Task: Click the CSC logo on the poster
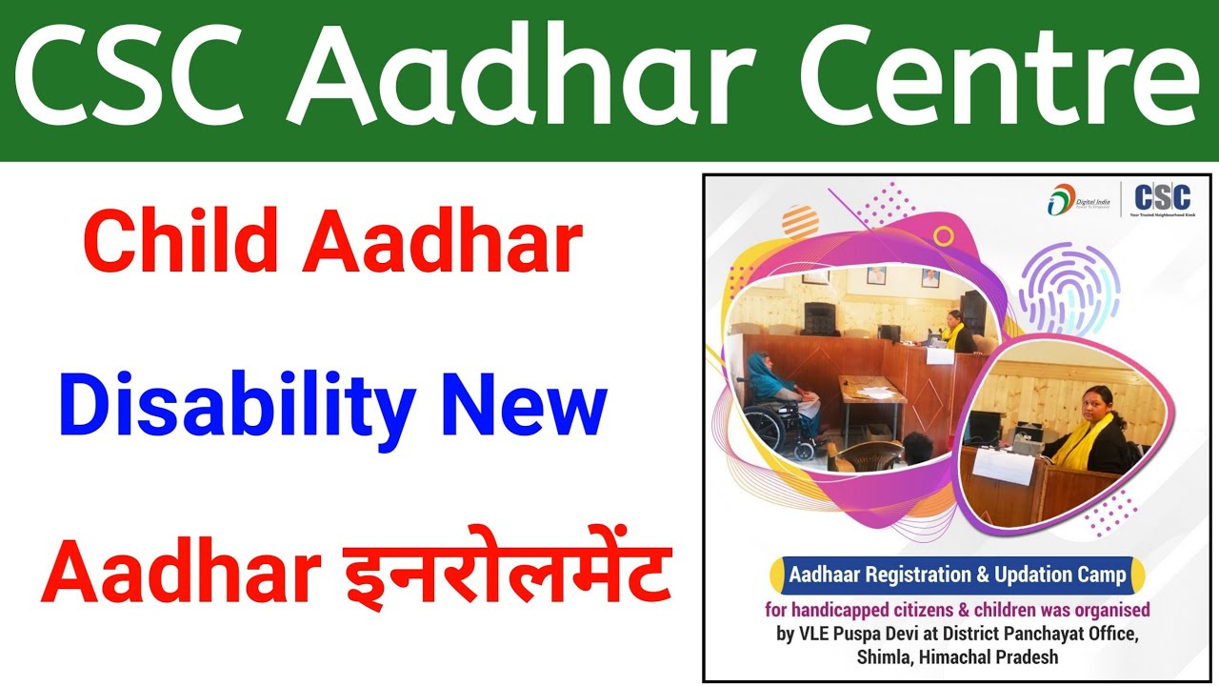(x=1161, y=197)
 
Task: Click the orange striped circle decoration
(x=800, y=221)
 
